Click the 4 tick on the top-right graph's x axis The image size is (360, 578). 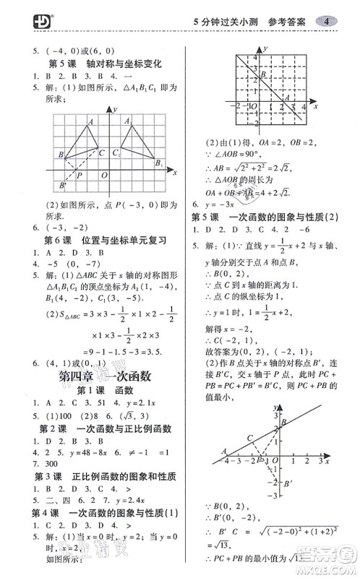point(304,106)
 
